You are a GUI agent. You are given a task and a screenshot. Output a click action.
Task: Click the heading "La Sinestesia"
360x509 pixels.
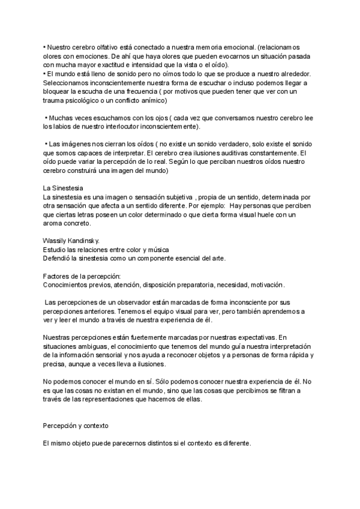pyautogui.click(x=64, y=188)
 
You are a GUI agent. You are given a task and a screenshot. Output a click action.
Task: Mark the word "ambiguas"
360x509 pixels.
pyautogui.click(x=92, y=347)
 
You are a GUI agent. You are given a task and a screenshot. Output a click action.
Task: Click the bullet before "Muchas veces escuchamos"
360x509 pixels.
pyautogui.click(x=46, y=118)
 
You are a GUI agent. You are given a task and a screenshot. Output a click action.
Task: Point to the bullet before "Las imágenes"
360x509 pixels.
pyautogui.click(x=46, y=145)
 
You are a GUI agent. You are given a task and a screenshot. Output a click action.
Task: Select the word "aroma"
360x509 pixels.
pyautogui.click(x=55, y=223)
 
